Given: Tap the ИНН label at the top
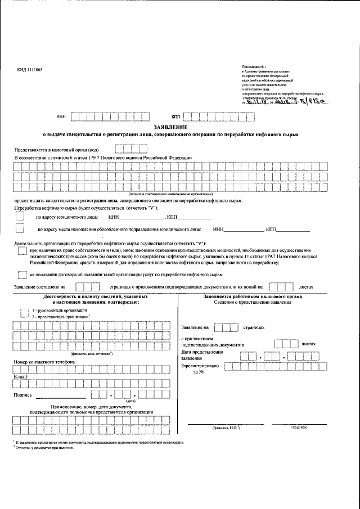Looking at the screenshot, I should tap(61, 117).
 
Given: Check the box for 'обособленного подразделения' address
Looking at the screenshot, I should tap(20, 229).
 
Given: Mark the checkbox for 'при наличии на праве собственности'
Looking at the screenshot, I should tap(21, 251).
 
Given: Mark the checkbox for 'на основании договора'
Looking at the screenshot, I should tap(21, 274).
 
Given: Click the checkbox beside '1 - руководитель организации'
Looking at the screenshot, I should tap(24, 310).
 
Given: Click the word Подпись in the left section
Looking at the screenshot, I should tap(22, 395).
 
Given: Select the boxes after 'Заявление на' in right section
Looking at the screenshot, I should tap(226, 327).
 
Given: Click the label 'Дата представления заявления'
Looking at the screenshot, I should tap(202, 355).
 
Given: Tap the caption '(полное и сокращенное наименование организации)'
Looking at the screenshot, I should tap(170, 194).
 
